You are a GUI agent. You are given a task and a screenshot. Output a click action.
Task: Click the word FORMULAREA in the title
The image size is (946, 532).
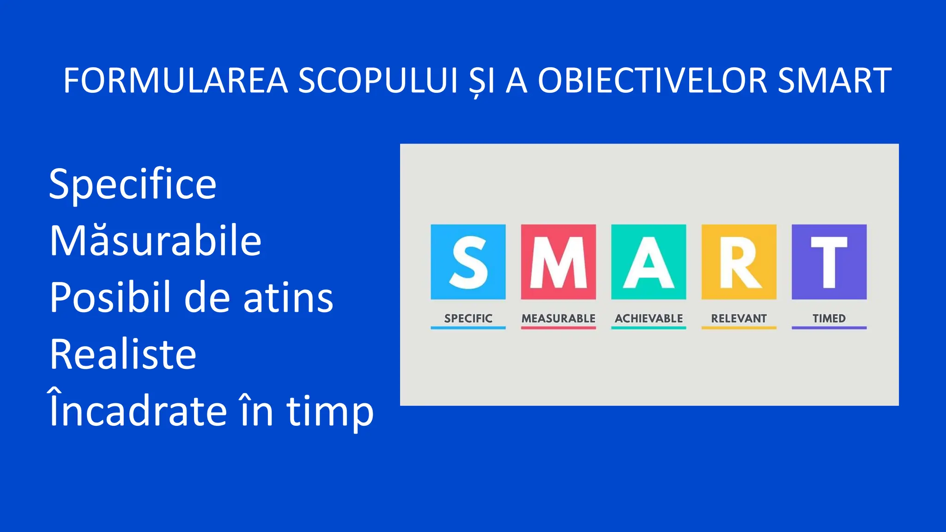point(176,81)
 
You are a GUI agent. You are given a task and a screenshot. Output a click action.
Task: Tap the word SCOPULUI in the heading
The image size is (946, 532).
point(378,81)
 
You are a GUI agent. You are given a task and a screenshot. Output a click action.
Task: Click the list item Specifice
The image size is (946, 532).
point(133,184)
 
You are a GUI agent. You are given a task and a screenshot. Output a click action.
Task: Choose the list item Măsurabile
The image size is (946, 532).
point(155,241)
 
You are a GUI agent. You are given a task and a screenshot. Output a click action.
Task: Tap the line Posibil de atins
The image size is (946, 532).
point(191,297)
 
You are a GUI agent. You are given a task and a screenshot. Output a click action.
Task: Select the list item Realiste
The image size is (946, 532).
point(123,354)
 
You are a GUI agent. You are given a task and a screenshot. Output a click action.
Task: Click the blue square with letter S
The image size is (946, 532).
point(468,262)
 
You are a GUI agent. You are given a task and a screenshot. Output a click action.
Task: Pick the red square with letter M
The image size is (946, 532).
point(558,262)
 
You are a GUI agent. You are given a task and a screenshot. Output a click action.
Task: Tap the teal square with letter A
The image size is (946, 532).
point(649,262)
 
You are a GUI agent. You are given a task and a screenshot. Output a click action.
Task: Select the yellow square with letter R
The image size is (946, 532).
point(739,262)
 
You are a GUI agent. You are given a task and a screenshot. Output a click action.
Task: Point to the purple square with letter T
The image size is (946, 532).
point(829,262)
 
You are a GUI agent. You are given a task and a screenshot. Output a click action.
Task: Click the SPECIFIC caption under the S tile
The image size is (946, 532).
point(468,318)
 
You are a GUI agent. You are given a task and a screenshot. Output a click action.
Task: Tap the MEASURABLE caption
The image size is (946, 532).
point(558,318)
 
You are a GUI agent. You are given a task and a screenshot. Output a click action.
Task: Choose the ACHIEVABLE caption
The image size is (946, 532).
point(649,318)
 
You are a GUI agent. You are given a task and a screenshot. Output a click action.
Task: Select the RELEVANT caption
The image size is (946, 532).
point(739,318)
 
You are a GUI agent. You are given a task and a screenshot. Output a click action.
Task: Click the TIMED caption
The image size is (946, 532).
point(829,318)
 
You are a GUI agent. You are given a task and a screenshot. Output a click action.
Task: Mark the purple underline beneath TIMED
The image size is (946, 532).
point(829,328)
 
